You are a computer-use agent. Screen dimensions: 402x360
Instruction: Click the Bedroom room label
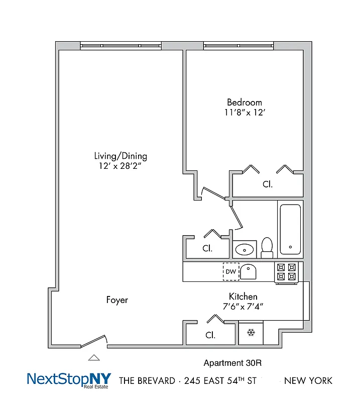click(x=245, y=102)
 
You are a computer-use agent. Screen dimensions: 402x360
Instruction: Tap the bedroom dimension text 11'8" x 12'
click(x=245, y=113)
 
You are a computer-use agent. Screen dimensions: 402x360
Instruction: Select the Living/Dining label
click(x=121, y=156)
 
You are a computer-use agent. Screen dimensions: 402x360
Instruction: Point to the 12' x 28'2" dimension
click(x=121, y=166)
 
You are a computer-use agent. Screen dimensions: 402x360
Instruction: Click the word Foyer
click(x=117, y=300)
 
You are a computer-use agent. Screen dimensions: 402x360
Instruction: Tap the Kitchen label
click(x=243, y=296)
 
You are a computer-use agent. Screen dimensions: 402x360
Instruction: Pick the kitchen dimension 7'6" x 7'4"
click(x=243, y=306)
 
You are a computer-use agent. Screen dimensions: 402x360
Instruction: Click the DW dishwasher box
click(x=230, y=271)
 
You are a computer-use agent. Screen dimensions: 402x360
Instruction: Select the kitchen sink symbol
click(x=249, y=272)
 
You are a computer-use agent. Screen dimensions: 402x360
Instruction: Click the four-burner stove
click(x=287, y=272)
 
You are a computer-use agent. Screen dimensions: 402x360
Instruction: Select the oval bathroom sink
click(x=245, y=248)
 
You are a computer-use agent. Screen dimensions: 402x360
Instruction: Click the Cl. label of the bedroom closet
click(x=268, y=184)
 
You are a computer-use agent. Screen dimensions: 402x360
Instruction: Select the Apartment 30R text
click(x=233, y=363)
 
